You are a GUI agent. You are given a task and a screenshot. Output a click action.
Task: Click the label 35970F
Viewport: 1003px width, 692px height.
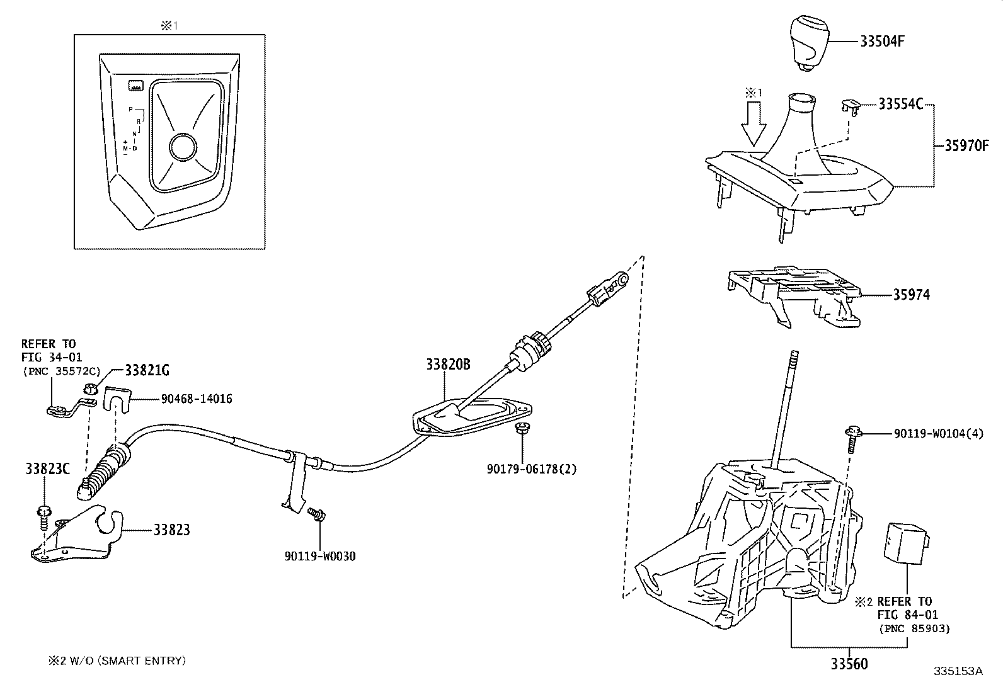[966, 146]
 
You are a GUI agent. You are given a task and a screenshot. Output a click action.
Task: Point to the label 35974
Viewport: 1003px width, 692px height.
[910, 295]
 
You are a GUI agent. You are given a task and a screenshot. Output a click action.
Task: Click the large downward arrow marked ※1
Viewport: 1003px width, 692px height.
[753, 124]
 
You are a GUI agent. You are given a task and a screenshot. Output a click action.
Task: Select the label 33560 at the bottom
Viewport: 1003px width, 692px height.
[848, 664]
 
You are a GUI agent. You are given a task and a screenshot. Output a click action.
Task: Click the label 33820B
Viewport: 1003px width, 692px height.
[448, 365]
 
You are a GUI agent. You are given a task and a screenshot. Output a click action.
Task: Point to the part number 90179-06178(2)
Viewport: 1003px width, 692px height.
[531, 469]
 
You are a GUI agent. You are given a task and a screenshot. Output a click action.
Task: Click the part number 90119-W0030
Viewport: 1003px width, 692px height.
[319, 557]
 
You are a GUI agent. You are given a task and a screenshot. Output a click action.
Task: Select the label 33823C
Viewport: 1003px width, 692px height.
[48, 468]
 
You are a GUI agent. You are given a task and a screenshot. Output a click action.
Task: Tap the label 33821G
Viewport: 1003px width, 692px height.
[147, 370]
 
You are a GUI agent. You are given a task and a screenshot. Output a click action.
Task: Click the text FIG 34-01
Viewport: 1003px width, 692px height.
[52, 357]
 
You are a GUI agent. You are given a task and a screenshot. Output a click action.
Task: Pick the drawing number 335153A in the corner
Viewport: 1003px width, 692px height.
[958, 671]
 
